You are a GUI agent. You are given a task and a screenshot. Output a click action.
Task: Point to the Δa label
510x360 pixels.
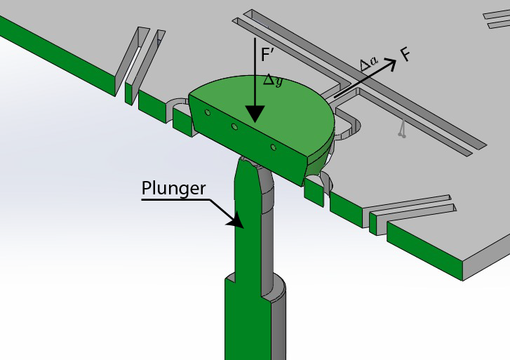(368, 65)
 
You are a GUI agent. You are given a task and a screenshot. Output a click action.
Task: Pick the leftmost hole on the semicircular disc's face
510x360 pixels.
(207, 112)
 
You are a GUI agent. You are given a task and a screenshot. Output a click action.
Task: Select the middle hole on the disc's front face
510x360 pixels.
(235, 126)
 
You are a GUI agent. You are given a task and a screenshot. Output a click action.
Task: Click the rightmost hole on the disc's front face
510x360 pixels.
(274, 147)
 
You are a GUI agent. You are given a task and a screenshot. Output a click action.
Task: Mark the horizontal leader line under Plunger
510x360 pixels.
(175, 199)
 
